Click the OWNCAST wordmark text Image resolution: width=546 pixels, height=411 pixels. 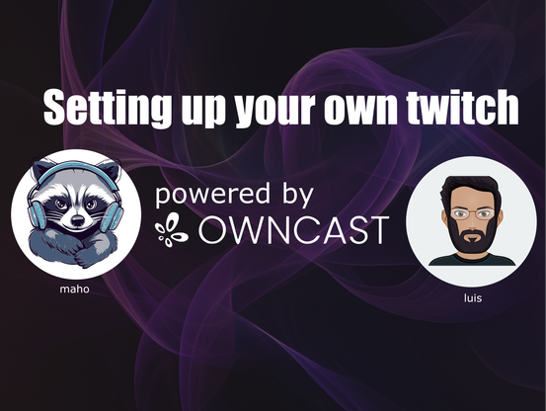[293, 229]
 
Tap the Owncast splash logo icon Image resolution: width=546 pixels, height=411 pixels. [172, 230]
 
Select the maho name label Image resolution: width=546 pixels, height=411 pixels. [74, 289]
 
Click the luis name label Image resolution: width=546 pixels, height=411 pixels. [473, 298]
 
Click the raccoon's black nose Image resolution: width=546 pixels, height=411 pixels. [77, 219]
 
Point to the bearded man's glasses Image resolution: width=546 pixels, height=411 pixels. [473, 213]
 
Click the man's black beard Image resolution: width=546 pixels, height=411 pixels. [472, 237]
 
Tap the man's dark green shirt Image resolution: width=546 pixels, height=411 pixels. [472, 260]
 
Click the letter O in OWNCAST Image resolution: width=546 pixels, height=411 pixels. [214, 229]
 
